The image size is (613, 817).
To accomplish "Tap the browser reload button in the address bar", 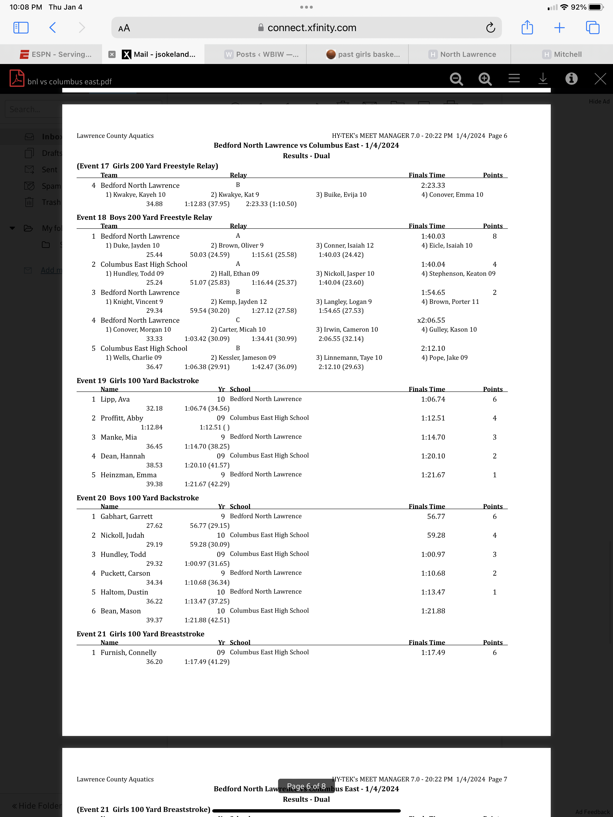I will pyautogui.click(x=490, y=28).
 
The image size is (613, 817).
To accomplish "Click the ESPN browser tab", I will pyautogui.click(x=55, y=54).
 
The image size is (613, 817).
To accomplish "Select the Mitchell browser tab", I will pyautogui.click(x=562, y=54).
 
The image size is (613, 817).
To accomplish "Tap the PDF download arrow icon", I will pyautogui.click(x=542, y=79).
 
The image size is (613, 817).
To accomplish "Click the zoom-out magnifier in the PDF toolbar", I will pyautogui.click(x=456, y=79).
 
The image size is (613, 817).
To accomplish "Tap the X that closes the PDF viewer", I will pyautogui.click(x=600, y=79).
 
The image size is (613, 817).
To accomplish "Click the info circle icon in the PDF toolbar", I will pyautogui.click(x=571, y=79).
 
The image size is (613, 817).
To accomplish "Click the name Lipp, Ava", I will pyautogui.click(x=115, y=399).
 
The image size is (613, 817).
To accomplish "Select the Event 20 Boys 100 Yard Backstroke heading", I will pyautogui.click(x=138, y=498).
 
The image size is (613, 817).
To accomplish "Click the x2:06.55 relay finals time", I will pyautogui.click(x=431, y=320).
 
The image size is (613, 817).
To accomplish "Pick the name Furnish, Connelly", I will pyautogui.click(x=128, y=652).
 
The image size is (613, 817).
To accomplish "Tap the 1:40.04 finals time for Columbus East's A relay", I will pyautogui.click(x=433, y=264).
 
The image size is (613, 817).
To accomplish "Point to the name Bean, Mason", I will pyautogui.click(x=121, y=611).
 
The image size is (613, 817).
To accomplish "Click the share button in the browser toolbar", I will pyautogui.click(x=527, y=28).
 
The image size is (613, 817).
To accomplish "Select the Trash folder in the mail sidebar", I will pyautogui.click(x=51, y=202).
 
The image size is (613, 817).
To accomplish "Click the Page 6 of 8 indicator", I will pyautogui.click(x=306, y=786).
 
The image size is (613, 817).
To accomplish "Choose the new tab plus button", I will pyautogui.click(x=559, y=28).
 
